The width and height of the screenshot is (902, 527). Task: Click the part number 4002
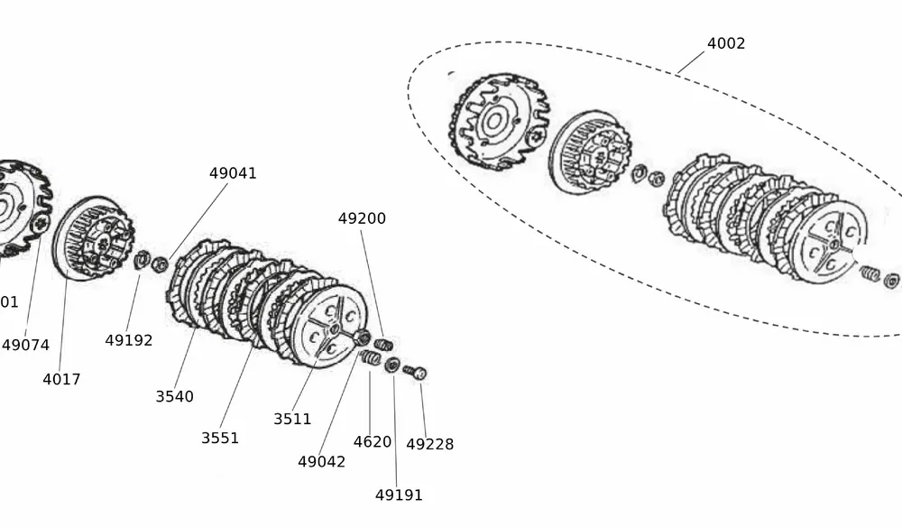pyautogui.click(x=726, y=43)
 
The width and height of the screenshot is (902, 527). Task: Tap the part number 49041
pyautogui.click(x=233, y=173)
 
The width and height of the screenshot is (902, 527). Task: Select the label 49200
pyautogui.click(x=362, y=218)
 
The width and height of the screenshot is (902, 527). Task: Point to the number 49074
pyautogui.click(x=25, y=345)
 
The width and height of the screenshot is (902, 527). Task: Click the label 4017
pyautogui.click(x=61, y=379)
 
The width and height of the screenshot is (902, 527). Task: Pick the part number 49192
pyautogui.click(x=128, y=340)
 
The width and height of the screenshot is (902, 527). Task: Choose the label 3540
pyautogui.click(x=174, y=396)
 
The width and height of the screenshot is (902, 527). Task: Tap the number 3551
pyautogui.click(x=220, y=438)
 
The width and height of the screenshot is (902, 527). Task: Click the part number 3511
pyautogui.click(x=292, y=419)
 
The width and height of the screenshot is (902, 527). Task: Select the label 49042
pyautogui.click(x=321, y=461)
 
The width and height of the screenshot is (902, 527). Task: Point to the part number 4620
pyautogui.click(x=372, y=441)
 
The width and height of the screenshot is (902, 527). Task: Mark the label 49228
pyautogui.click(x=429, y=444)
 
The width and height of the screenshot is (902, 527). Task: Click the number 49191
pyautogui.click(x=399, y=495)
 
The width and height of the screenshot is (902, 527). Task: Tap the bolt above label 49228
pyautogui.click(x=414, y=371)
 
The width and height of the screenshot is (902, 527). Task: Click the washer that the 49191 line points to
pyautogui.click(x=392, y=365)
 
